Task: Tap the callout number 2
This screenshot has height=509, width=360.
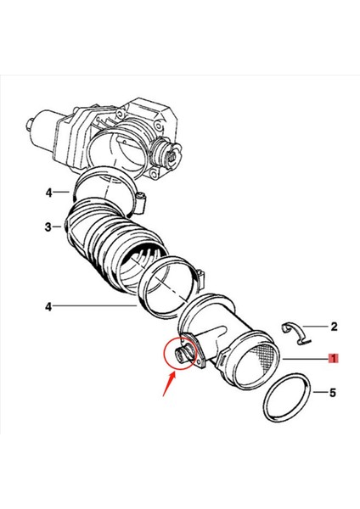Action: tap(334, 326)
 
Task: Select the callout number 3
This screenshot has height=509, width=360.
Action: tap(48, 227)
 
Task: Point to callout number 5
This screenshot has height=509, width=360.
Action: tap(334, 393)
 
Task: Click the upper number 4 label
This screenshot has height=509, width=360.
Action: tap(48, 193)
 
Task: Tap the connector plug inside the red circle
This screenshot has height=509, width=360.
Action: tap(182, 353)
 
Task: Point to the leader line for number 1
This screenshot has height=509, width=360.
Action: tap(306, 360)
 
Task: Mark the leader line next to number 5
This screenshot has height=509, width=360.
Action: tap(318, 393)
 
